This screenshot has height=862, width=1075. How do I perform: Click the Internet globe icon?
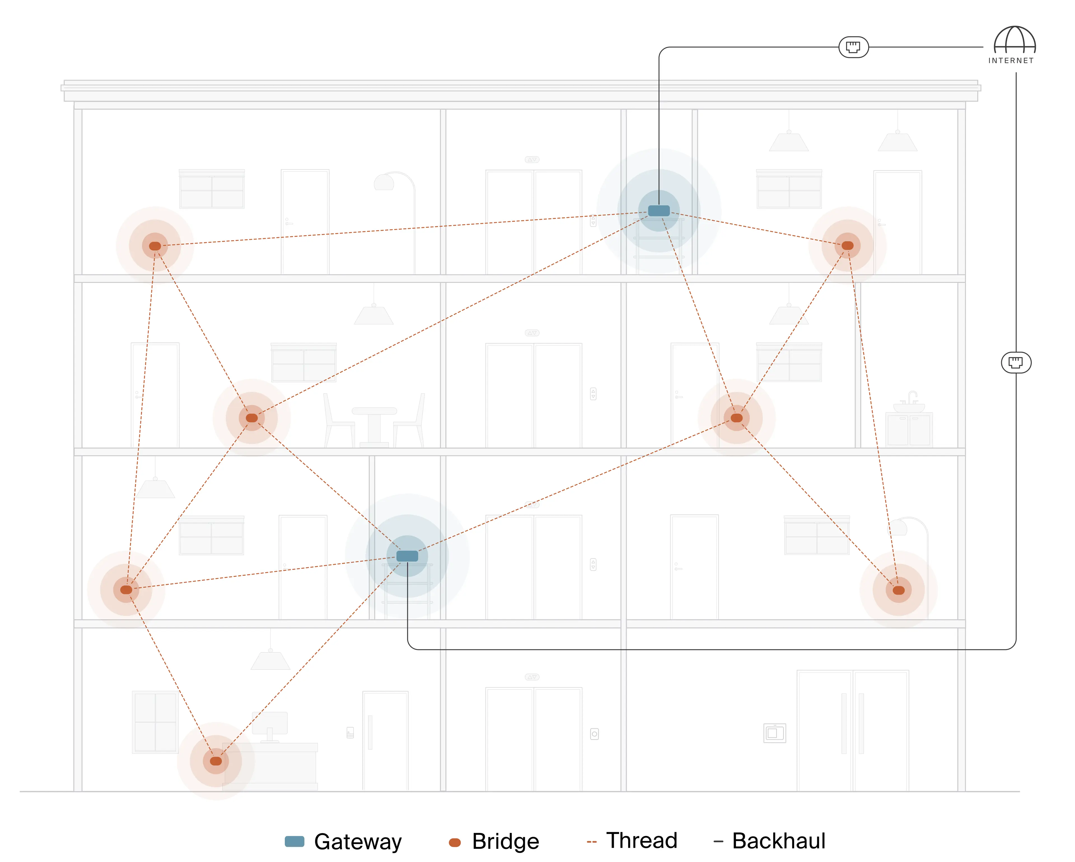[x=1014, y=40]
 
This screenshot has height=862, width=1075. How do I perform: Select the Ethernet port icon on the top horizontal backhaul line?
[x=853, y=47]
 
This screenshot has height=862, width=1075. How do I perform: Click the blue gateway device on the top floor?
[x=659, y=211]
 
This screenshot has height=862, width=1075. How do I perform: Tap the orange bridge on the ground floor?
[x=216, y=761]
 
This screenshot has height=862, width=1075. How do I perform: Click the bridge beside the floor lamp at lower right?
[x=898, y=590]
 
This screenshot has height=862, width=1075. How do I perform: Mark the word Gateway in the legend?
[x=357, y=842]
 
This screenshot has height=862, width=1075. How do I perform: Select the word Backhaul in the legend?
[x=778, y=841]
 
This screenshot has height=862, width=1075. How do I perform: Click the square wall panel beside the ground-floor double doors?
[x=774, y=733]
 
